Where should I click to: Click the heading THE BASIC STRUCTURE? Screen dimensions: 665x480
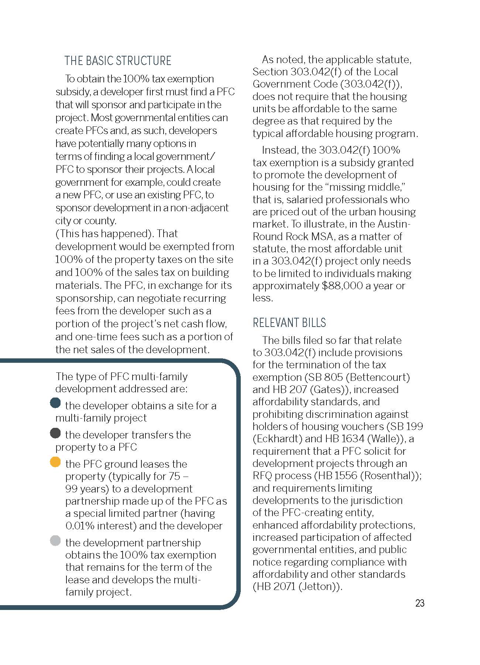[118, 61]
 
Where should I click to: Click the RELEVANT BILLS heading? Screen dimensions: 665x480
[289, 323]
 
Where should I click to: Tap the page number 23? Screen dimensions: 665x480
[420, 603]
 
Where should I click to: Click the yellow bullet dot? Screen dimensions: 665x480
[55, 462]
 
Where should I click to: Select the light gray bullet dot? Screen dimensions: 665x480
[55, 541]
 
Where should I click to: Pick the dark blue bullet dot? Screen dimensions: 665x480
[55, 403]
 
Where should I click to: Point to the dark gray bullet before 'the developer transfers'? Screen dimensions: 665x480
[55, 433]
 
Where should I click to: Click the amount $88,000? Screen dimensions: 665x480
[342, 286]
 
